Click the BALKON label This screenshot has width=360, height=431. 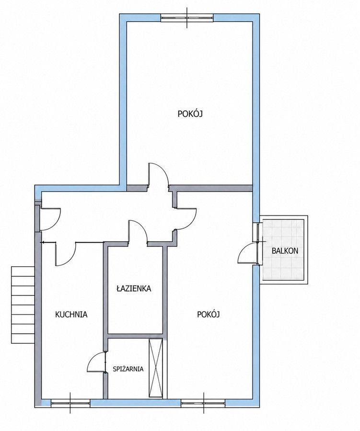coord(285,250)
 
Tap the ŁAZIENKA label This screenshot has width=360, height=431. coord(134,289)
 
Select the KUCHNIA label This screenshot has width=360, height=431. coord(71,314)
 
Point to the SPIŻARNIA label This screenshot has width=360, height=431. coord(128,369)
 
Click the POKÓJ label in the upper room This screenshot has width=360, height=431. coord(190,114)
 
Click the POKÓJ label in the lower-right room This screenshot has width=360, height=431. coord(209,315)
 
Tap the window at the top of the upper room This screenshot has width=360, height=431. coord(187,18)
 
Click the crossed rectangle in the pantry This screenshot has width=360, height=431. coord(156,368)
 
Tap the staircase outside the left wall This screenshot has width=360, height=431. coord(23,305)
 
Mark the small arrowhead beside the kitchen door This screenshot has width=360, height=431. coord(42,242)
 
